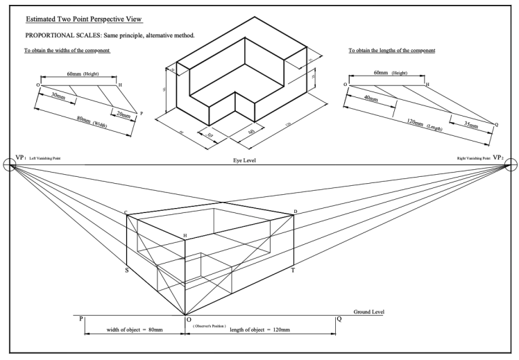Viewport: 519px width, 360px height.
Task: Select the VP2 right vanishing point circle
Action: [511, 164]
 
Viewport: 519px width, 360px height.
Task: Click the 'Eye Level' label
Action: [246, 160]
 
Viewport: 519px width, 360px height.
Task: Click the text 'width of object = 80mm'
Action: [134, 329]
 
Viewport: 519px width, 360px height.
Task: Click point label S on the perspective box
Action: [126, 269]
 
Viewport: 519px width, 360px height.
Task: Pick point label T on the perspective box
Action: [293, 270]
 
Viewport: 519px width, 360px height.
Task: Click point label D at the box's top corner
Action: [295, 211]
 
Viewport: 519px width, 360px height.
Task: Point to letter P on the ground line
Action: [81, 319]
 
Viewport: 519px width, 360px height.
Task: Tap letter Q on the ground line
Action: [339, 319]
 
